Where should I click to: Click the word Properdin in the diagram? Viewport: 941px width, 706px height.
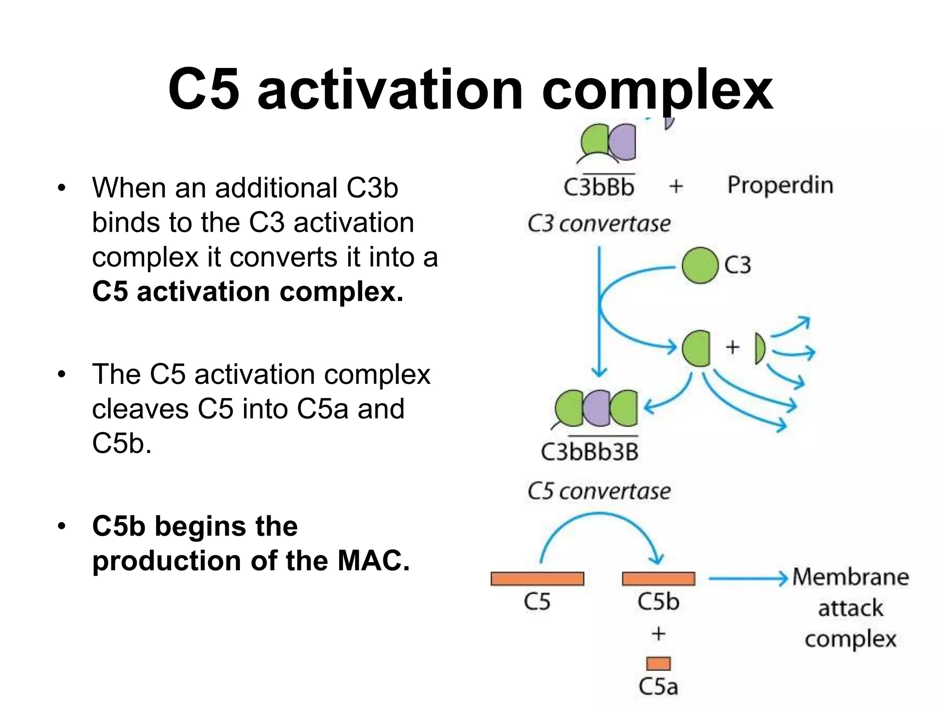tap(780, 185)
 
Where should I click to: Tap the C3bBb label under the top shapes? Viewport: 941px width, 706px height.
tap(599, 187)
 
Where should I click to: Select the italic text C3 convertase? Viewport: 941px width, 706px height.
tap(599, 224)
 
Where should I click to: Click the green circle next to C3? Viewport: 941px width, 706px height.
tap(700, 265)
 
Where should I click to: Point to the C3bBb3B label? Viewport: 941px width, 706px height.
tap(590, 451)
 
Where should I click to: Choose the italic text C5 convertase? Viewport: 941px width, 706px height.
tap(599, 491)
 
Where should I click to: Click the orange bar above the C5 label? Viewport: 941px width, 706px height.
tap(537, 578)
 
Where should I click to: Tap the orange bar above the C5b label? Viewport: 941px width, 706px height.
tap(658, 578)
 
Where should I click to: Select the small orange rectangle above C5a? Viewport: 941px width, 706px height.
tap(658, 663)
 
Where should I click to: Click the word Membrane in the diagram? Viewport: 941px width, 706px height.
tap(850, 577)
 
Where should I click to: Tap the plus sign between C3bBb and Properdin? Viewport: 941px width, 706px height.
tap(676, 187)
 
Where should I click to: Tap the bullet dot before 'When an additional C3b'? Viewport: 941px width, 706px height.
tap(62, 188)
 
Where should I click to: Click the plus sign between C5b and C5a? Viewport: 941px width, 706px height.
tap(658, 633)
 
